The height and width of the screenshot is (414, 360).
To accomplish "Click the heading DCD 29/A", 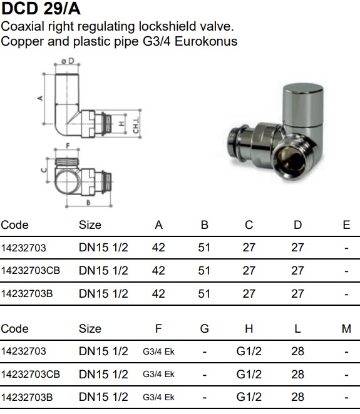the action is (x=41, y=9).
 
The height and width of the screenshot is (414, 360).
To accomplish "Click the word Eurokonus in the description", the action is (x=206, y=41).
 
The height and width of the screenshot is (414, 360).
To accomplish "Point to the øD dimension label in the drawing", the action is (x=68, y=61).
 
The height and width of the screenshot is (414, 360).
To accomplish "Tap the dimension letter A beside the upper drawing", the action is (x=40, y=98).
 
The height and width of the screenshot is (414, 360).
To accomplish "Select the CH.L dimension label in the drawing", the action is (x=136, y=125).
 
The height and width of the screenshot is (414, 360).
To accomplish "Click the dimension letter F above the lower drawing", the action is (x=68, y=146).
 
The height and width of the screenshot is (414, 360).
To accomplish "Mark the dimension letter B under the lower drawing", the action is (x=88, y=203).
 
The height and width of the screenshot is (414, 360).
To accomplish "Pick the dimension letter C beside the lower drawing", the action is (x=44, y=169).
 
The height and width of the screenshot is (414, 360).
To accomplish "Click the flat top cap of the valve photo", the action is (x=303, y=89).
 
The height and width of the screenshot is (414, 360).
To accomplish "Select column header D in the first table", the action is (x=297, y=225).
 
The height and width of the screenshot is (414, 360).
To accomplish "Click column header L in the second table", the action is (x=297, y=329).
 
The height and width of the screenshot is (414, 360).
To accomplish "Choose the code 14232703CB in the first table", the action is (x=31, y=271).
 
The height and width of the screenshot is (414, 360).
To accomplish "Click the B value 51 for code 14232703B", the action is (x=204, y=293).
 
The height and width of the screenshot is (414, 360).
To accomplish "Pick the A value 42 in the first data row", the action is (x=158, y=248).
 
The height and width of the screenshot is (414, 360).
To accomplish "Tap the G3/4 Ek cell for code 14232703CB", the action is (x=158, y=375).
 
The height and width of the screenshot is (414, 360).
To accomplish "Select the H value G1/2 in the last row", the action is (x=249, y=397).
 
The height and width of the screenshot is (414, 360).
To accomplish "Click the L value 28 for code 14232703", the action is (x=297, y=351).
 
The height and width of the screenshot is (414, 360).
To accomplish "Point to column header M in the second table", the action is (x=346, y=329).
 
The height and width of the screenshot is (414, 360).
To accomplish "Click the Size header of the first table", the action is (x=90, y=225).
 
